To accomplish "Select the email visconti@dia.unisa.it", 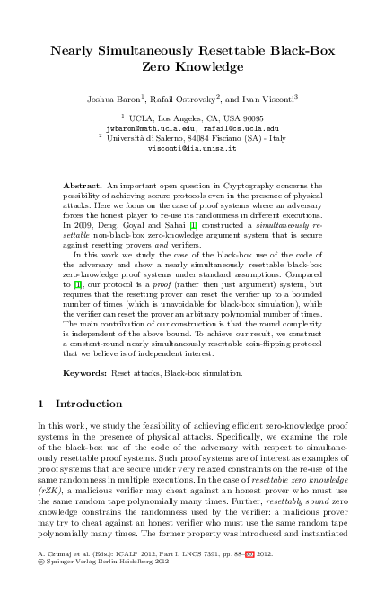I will pos(191,149).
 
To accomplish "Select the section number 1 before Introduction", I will pos(39,404).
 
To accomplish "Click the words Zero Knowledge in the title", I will pos(192,66).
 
